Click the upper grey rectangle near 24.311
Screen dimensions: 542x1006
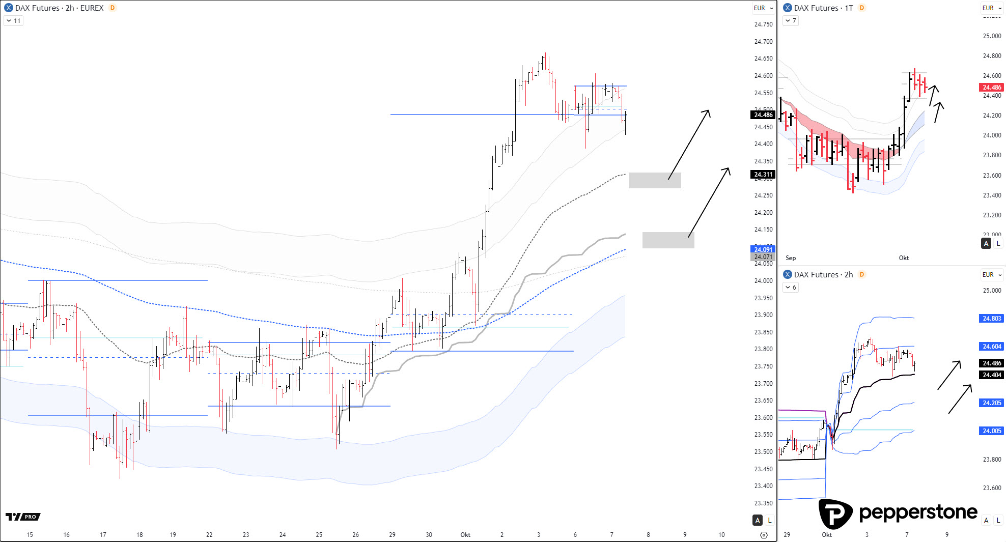point(655,180)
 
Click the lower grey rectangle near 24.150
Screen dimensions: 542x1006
point(668,240)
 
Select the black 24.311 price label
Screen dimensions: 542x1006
point(763,175)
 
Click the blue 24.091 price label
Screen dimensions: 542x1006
point(763,249)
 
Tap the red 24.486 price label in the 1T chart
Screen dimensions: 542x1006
point(991,88)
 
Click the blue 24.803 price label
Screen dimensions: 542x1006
point(991,319)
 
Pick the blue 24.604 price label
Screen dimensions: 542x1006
point(991,347)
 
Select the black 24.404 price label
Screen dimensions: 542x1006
point(991,375)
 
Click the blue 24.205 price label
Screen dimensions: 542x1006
point(991,403)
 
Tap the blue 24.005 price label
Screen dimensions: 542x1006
point(991,431)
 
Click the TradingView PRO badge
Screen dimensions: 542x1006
point(23,517)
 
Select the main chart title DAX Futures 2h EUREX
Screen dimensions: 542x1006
point(59,8)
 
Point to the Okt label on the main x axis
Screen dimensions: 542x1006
point(465,535)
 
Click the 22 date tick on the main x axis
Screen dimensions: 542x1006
point(209,535)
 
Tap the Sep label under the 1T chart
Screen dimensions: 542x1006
point(791,258)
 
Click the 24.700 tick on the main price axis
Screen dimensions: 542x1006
point(763,42)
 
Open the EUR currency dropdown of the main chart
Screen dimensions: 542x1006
point(763,8)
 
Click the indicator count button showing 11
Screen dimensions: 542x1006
point(14,21)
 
